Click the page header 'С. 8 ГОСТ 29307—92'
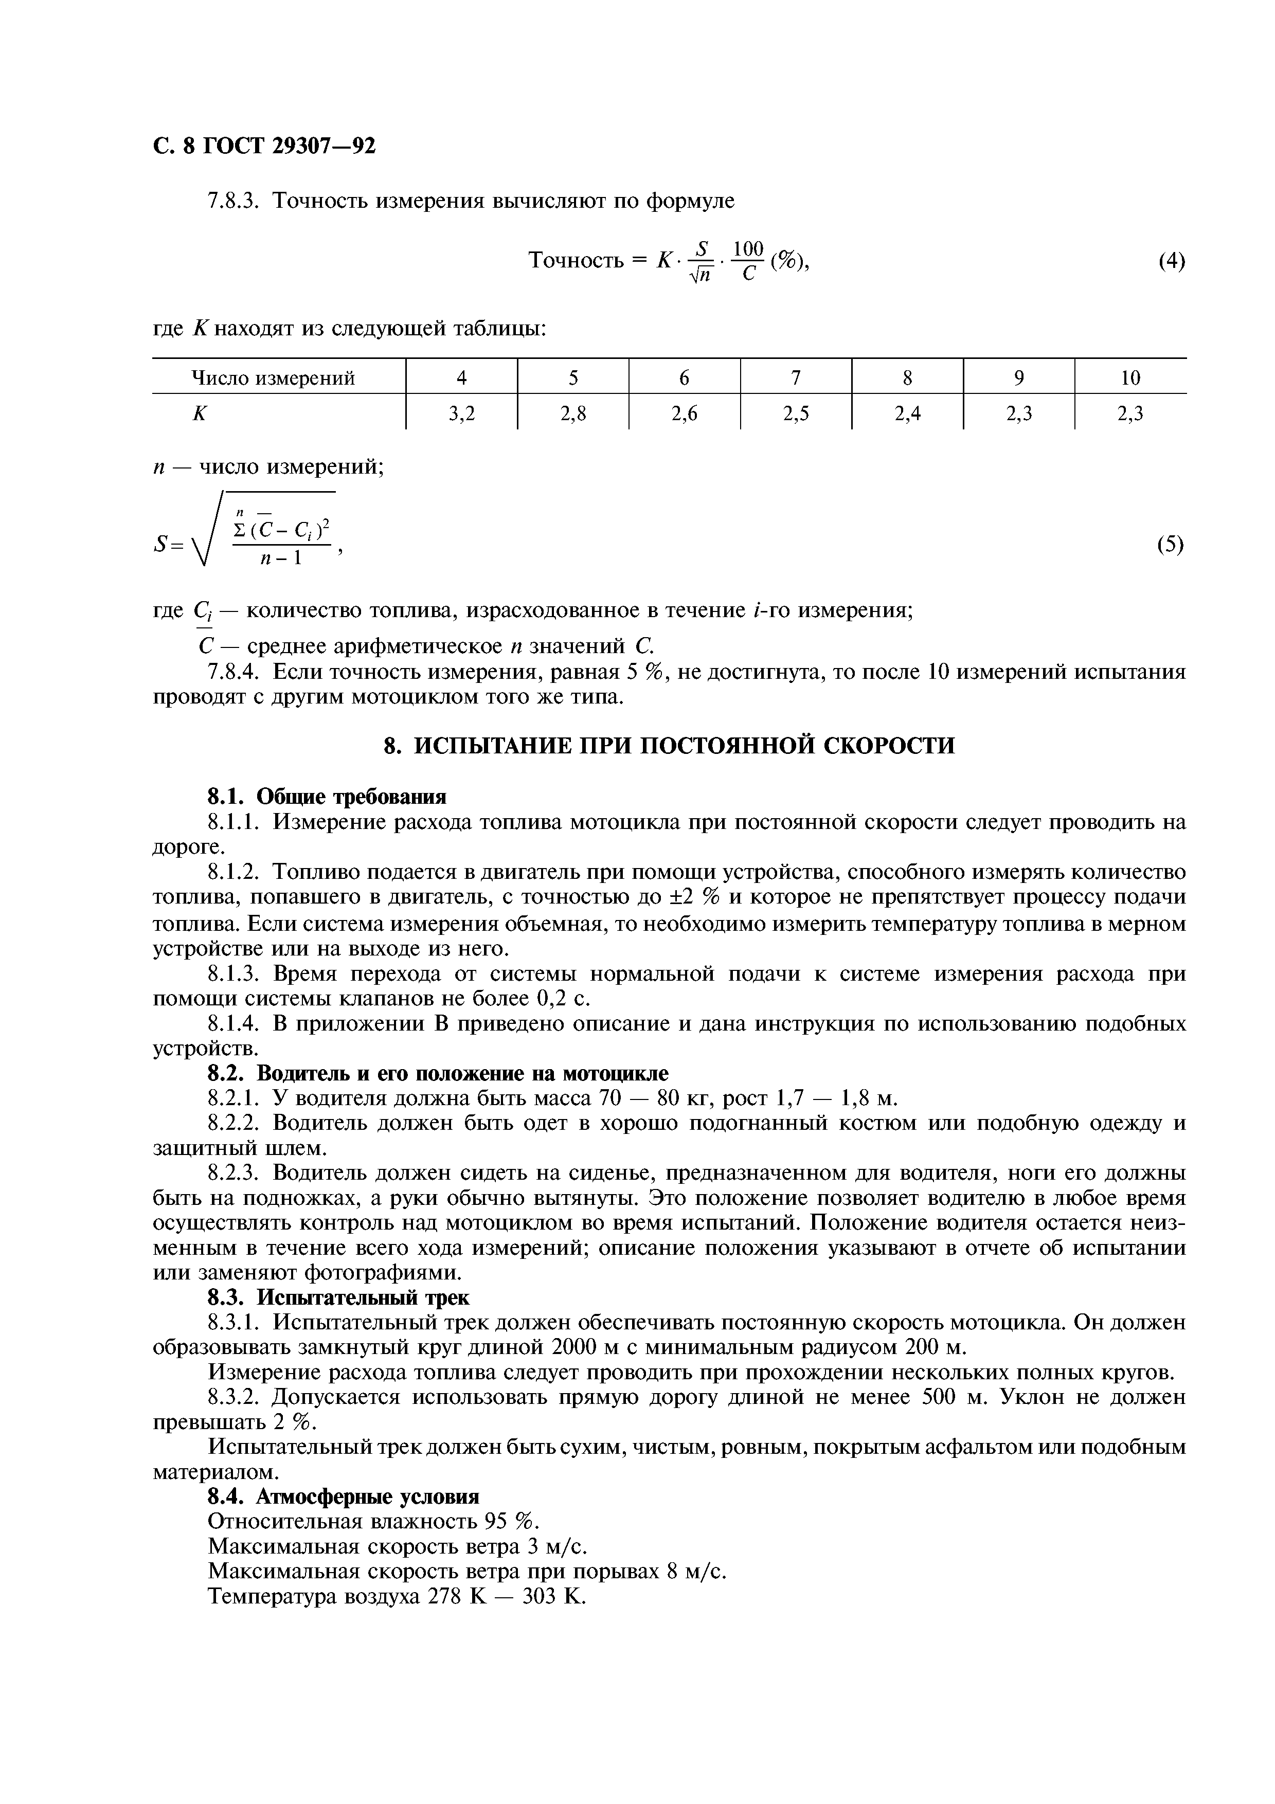(264, 146)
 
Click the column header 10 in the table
(1129, 378)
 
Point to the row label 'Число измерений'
(274, 378)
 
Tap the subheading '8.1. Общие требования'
(327, 797)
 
